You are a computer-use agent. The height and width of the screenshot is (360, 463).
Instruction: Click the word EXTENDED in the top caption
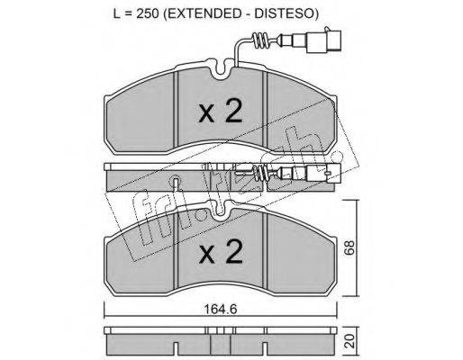204,13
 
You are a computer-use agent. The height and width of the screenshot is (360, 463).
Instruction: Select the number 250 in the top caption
148,13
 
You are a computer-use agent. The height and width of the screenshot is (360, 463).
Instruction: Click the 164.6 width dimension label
221,309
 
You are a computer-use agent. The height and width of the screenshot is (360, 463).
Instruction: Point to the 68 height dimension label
350,247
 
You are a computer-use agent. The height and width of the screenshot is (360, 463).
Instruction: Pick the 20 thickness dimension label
350,341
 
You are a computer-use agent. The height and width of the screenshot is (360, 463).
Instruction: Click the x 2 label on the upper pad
221,112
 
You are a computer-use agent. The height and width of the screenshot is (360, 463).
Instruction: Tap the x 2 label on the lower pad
221,252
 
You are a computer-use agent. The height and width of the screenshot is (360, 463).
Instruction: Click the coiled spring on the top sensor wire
260,40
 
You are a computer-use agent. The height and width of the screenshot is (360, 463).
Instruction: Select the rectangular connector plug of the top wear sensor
323,40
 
